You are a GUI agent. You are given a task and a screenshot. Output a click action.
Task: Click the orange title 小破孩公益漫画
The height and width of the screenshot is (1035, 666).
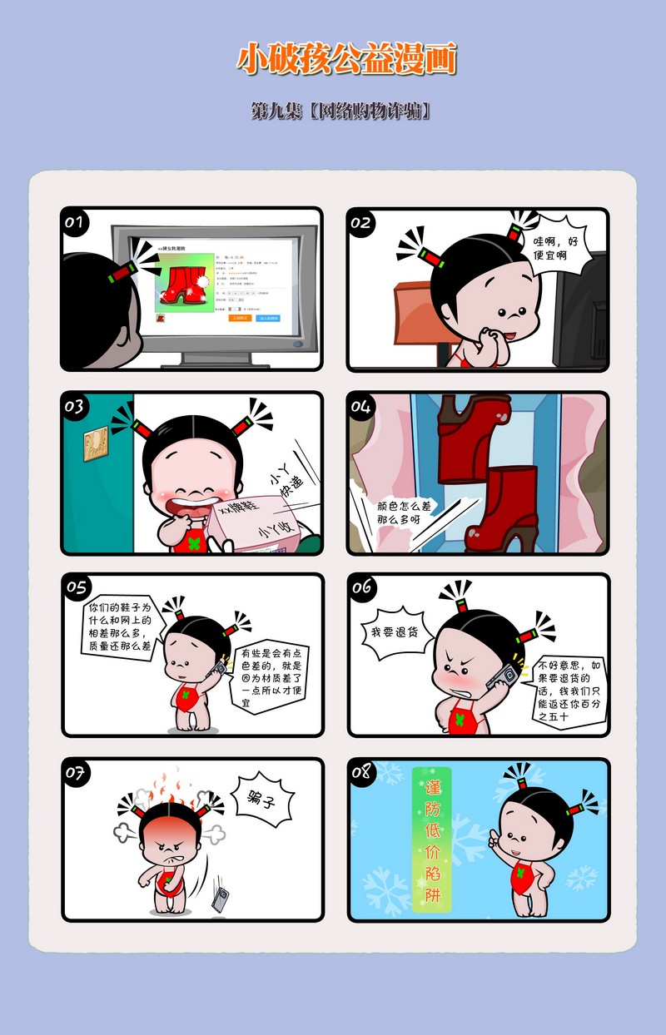coord(347,60)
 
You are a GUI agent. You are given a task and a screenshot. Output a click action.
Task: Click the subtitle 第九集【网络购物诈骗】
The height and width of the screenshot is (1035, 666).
coord(341,111)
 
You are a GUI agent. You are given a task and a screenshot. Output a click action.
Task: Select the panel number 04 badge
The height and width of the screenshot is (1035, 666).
coord(360,406)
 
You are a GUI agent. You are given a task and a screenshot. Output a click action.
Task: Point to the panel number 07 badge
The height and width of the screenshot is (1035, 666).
coord(76,772)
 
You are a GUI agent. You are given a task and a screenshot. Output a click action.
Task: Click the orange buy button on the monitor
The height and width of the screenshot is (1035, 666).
coord(240,318)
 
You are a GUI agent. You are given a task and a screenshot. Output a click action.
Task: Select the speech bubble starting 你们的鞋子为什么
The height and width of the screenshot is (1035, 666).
coord(120,626)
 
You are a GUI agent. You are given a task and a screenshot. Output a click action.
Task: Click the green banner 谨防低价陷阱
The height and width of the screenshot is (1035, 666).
coord(432,840)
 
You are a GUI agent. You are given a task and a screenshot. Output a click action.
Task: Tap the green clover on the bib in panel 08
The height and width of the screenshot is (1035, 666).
coord(523,874)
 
